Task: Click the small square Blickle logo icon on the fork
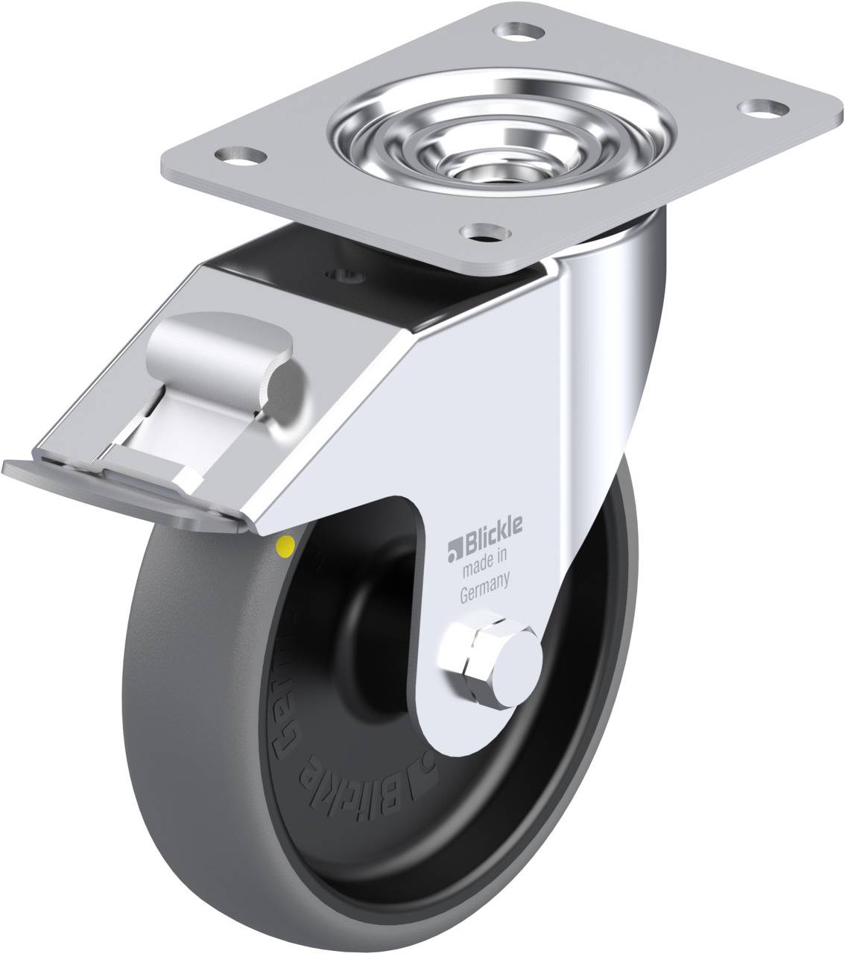pos(454,552)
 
